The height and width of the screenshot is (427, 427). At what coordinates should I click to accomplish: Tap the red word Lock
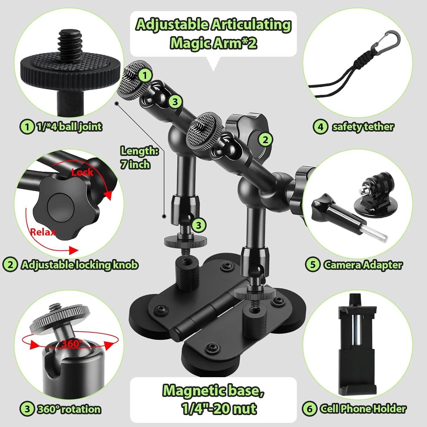pos(82,172)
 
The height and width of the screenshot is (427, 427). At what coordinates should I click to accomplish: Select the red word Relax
pos(43,232)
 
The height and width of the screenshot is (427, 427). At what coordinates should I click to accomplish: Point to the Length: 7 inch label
pos(139,157)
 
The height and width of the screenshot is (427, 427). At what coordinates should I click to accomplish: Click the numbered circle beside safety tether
pos(320,126)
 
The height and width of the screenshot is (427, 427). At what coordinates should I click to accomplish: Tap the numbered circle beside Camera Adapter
pos(312,265)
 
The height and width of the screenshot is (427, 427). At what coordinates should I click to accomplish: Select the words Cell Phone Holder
pos(363,409)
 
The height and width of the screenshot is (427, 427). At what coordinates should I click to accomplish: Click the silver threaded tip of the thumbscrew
pos(375,233)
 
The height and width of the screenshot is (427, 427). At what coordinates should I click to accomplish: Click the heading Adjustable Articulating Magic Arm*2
pos(213,34)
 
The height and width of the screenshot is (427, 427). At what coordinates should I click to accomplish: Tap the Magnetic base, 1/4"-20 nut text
pos(213,399)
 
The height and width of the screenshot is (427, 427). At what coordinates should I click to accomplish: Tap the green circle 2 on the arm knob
pos(265,140)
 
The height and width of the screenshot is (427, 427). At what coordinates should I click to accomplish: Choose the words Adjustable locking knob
pos(79,265)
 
